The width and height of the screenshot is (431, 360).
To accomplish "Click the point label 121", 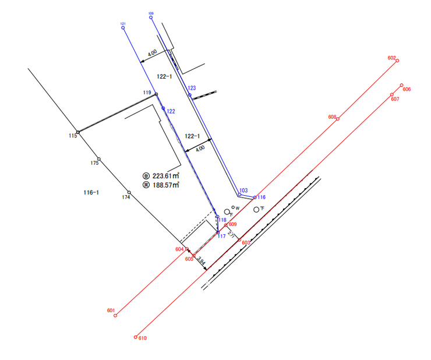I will click(x=123, y=23).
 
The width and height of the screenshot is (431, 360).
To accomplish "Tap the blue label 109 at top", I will click(x=151, y=13).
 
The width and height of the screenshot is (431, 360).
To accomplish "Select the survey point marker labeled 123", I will click(x=190, y=95).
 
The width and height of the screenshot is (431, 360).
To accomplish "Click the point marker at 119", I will click(x=156, y=94).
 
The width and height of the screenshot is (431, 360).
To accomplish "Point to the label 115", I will click(x=72, y=136).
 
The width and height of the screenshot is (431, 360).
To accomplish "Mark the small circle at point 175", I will click(x=99, y=159).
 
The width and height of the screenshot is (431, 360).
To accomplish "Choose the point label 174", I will click(x=126, y=197).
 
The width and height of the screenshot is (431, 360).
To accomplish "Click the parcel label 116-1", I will click(x=90, y=192).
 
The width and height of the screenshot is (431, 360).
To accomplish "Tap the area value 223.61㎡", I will click(x=165, y=175).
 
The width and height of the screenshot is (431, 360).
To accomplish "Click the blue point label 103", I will click(x=243, y=190).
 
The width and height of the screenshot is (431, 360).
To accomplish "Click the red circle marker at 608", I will click(x=338, y=119).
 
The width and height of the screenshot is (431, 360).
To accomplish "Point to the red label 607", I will click(x=395, y=99).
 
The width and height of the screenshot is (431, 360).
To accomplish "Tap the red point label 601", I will click(x=111, y=310).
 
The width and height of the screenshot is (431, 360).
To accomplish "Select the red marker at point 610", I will click(x=135, y=337).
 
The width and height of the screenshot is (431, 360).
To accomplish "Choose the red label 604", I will click(x=179, y=249).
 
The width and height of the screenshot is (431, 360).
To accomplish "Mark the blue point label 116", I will click(x=262, y=197).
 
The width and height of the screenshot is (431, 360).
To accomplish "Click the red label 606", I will click(x=407, y=89).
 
